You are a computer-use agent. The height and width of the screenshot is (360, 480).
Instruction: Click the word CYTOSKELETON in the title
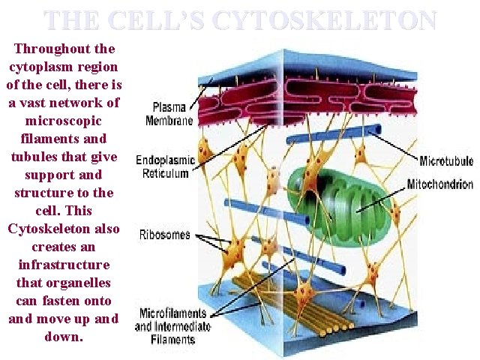tap(323, 19)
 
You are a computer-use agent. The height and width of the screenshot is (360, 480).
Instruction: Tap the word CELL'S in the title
tap(157, 19)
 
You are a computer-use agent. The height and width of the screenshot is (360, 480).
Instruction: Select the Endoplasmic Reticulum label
tap(165, 167)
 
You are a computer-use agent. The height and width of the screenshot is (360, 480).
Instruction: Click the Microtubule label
tap(446, 160)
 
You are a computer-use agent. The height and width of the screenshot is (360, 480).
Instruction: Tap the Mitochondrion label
tap(439, 184)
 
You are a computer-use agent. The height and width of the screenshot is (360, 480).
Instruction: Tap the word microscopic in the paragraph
tap(64, 121)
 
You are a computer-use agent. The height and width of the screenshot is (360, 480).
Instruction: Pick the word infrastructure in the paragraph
tap(64, 265)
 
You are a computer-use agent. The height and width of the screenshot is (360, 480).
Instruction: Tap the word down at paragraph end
tap(63, 337)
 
